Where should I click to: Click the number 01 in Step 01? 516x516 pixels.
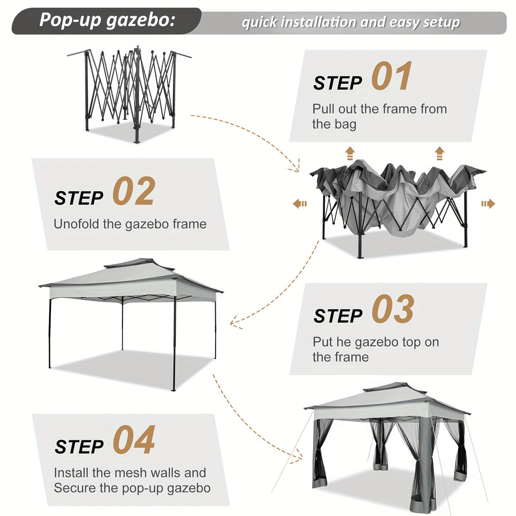(392, 77)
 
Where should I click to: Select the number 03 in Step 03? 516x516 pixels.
(393, 309)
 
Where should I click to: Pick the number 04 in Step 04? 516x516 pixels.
(134, 440)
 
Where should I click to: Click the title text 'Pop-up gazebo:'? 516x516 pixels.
(107, 21)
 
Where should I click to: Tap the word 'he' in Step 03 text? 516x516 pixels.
(343, 342)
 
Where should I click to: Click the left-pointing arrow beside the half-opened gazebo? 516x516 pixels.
(300, 204)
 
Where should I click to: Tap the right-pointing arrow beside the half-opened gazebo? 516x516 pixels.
(488, 204)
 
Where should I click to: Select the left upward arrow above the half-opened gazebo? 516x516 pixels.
(350, 153)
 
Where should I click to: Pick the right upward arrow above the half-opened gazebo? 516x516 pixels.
(439, 153)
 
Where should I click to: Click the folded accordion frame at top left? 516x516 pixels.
(130, 91)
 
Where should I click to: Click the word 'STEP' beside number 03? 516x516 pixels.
(338, 316)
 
